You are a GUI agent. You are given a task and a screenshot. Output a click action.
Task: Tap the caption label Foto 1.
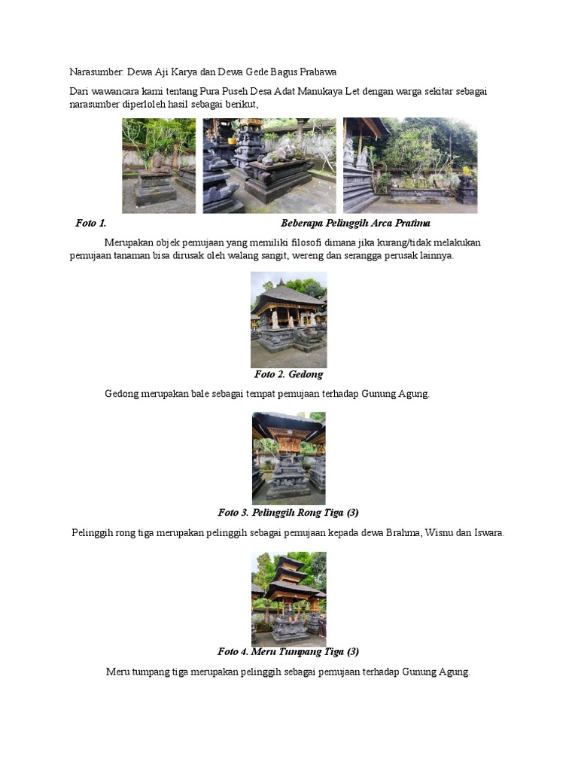91,224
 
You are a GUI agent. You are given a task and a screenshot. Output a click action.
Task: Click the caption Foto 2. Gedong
288,374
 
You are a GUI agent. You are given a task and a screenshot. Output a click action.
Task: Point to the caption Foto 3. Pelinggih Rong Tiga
288,513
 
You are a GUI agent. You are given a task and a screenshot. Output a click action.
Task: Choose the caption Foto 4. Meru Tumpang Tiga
288,651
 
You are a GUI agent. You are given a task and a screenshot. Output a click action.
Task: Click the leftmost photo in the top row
159,166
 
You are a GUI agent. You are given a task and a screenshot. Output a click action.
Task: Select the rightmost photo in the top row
410,166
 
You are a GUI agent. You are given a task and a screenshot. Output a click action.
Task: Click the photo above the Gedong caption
288,320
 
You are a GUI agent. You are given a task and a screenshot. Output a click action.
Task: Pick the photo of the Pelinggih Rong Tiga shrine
288,458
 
